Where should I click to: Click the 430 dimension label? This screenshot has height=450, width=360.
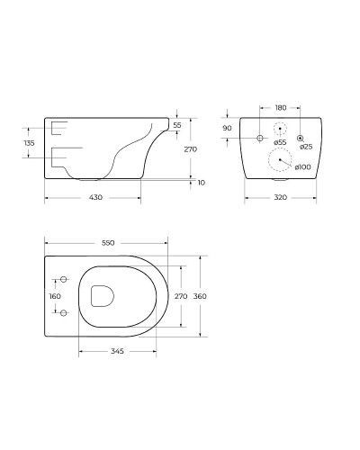(95, 197)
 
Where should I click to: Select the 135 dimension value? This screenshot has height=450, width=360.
(29, 143)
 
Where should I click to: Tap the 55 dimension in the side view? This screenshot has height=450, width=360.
(177, 125)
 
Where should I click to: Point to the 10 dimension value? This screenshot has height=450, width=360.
(202, 183)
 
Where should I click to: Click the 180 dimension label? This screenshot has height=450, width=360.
(281, 108)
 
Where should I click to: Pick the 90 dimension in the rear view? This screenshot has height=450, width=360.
(227, 128)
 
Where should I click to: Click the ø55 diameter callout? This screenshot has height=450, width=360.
(280, 142)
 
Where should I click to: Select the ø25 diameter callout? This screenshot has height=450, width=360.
(306, 147)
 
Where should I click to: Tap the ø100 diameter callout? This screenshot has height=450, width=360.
(302, 166)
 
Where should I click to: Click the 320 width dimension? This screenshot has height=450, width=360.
(281, 197)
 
